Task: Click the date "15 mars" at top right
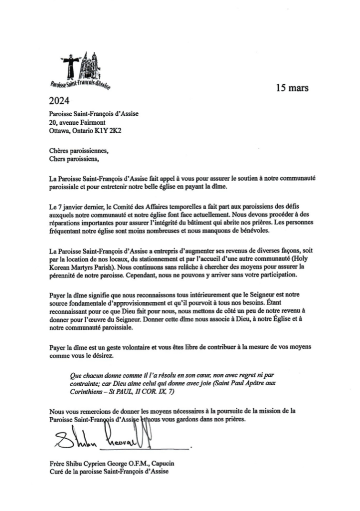[x=292, y=88]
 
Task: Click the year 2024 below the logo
[x=59, y=102]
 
